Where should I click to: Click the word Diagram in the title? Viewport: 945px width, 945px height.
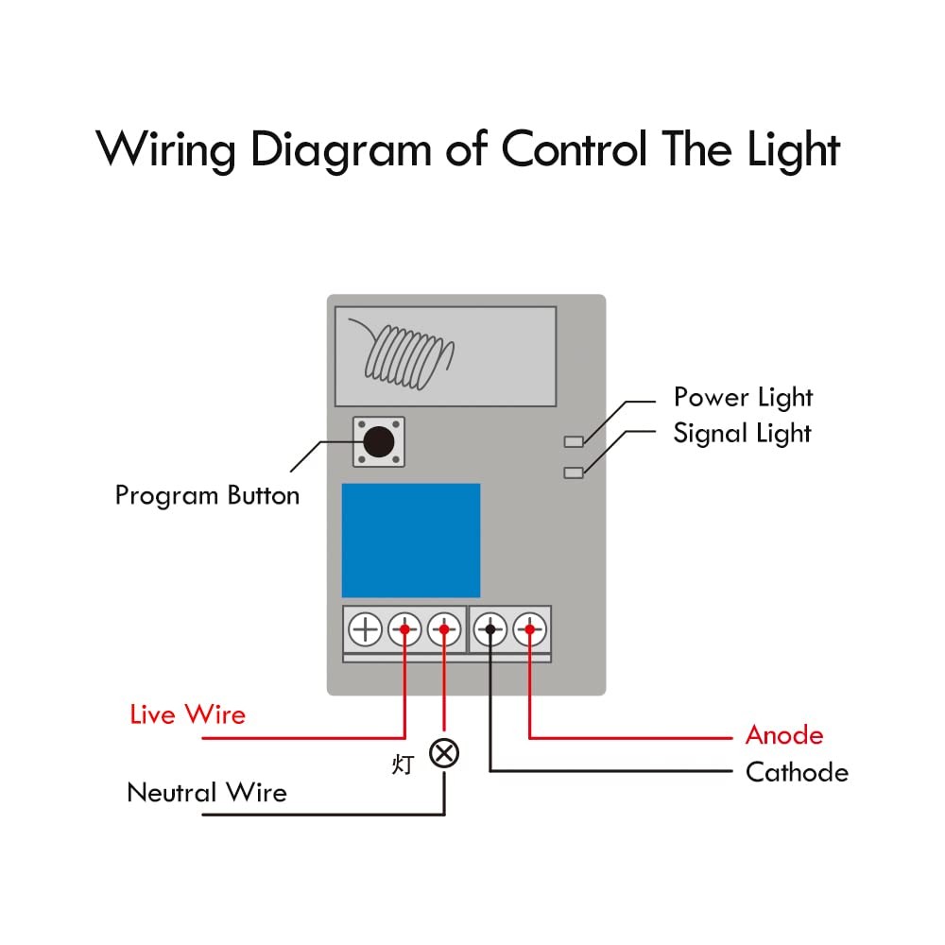pos(340,150)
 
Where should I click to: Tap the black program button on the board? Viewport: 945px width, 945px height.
pos(379,441)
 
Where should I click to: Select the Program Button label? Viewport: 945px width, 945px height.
pos(207,496)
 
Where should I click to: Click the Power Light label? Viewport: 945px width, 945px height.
pos(743,398)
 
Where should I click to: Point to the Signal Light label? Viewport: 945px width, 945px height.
pos(742,434)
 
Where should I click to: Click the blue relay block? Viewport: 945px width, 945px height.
pos(411,540)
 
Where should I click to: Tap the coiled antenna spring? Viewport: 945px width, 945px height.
pos(405,355)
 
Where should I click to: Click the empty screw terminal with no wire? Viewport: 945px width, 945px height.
pos(365,629)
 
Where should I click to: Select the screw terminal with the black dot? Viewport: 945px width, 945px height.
pos(490,629)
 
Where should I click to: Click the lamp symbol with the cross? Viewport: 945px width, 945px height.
pos(444,753)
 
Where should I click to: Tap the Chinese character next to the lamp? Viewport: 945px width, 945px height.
pos(403,765)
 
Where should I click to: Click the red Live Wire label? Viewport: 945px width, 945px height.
pos(187,714)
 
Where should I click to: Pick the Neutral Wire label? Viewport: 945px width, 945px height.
pos(207,793)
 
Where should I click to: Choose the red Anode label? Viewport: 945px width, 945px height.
pos(784,735)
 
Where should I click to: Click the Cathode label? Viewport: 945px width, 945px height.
pos(797,773)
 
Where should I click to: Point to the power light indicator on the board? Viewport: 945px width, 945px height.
pos(574,441)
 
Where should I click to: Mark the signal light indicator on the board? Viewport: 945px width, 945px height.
pos(574,472)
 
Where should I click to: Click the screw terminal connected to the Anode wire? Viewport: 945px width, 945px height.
pos(530,629)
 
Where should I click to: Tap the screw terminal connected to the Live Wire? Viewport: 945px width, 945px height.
pos(404,629)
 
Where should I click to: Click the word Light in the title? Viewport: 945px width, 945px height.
pos(794,150)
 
